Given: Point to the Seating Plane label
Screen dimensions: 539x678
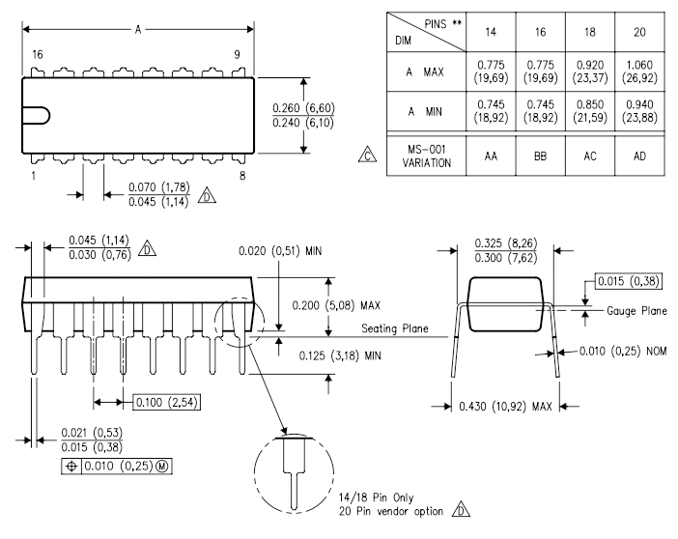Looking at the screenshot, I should tap(394, 329).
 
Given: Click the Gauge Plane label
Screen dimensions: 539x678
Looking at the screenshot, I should tap(635, 313).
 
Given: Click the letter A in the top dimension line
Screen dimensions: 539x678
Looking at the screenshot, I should tap(137, 30).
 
